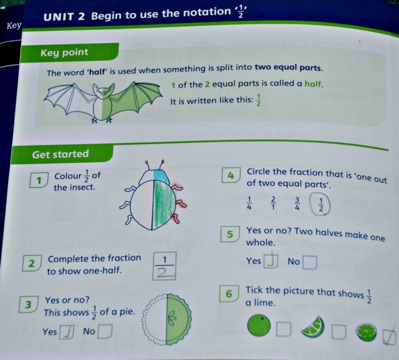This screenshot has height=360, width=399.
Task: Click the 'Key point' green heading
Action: click(x=64, y=53)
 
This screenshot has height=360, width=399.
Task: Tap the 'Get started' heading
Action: click(x=60, y=153)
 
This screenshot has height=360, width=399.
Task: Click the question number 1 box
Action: click(x=39, y=181)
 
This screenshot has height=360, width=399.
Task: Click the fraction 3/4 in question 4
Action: click(x=297, y=203)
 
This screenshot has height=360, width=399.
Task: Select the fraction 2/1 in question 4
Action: click(x=273, y=203)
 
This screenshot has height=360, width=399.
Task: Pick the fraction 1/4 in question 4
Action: click(x=249, y=203)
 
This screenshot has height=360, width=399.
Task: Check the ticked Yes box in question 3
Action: click(x=67, y=333)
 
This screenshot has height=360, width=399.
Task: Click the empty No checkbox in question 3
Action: click(x=104, y=331)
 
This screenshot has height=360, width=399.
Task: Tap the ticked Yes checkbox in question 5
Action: click(x=271, y=261)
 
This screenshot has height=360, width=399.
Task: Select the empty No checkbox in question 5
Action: click(x=309, y=262)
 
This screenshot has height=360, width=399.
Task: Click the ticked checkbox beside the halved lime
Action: click(x=390, y=336)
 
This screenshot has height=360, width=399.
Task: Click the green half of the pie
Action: click(x=181, y=322)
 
